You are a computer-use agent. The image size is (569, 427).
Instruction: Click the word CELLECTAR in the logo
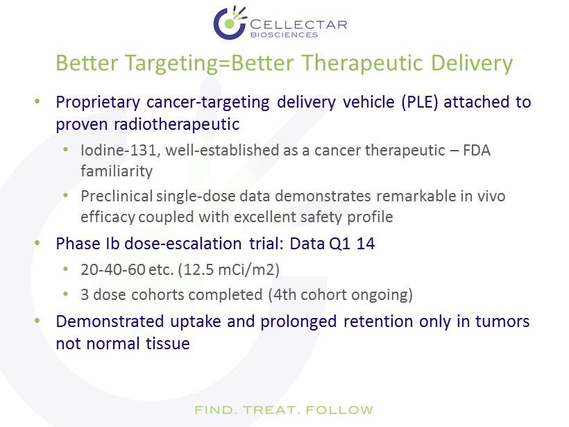click(298, 25)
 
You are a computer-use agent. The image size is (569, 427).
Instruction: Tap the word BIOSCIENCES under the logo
click(284, 35)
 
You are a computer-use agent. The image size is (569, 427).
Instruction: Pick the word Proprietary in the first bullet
click(98, 103)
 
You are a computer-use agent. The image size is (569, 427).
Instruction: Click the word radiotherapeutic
click(177, 124)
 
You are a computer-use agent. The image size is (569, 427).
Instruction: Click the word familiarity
click(117, 171)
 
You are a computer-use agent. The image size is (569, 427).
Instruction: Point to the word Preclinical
click(117, 196)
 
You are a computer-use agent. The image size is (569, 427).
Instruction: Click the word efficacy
click(108, 217)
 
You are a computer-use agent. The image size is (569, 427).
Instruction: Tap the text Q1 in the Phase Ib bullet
click(339, 244)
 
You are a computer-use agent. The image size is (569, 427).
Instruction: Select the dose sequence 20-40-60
click(113, 270)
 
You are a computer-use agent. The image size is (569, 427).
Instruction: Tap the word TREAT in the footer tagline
click(271, 410)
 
